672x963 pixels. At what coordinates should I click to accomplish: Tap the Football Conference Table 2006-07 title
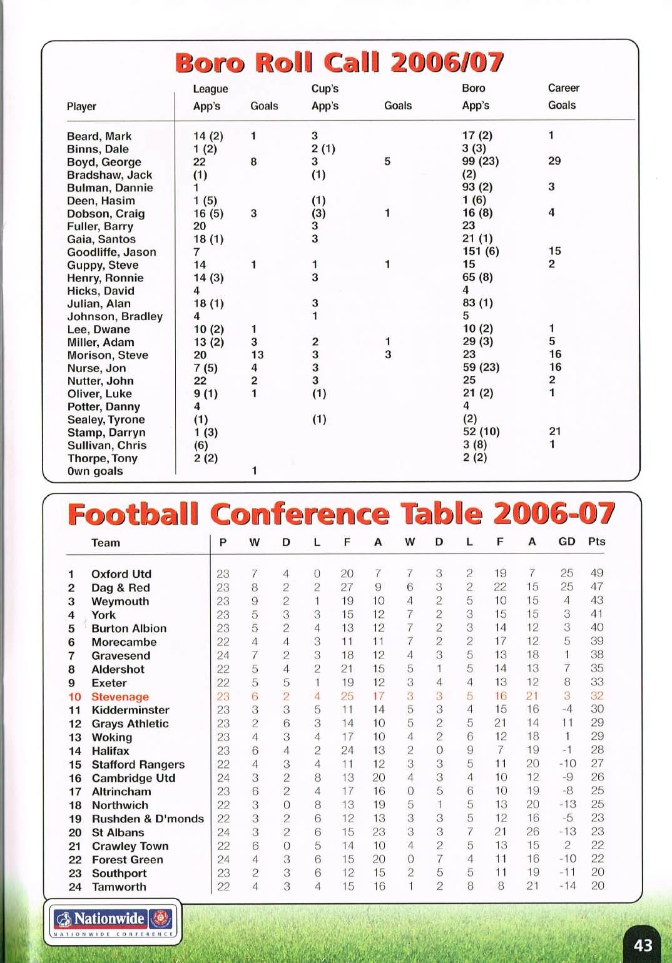pos(341,514)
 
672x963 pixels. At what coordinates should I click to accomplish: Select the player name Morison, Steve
pos(108,355)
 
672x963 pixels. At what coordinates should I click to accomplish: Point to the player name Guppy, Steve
pos(103,265)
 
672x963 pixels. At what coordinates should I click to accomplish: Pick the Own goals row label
pos(95,471)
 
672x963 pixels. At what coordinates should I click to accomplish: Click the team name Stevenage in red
pos(120,697)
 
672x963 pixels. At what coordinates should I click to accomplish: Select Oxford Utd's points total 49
pos(597,573)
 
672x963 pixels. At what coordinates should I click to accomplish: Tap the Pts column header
pos(596,542)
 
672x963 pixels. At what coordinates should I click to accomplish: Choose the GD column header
pos(566,542)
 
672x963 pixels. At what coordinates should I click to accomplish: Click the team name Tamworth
pos(119,887)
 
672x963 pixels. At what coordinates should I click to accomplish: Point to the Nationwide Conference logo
pos(113,922)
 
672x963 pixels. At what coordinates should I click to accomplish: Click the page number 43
pos(643,945)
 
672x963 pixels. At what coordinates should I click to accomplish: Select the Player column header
pos(81,106)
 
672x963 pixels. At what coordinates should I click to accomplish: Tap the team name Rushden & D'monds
pos(148,819)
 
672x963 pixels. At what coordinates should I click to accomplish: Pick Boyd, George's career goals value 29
pos(554,161)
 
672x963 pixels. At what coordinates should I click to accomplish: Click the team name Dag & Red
pos(121,588)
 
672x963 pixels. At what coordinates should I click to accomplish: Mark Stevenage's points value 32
pos(597,696)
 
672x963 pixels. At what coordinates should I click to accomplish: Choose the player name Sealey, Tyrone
pos(106,420)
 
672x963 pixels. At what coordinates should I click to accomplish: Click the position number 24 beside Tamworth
pos(75,887)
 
